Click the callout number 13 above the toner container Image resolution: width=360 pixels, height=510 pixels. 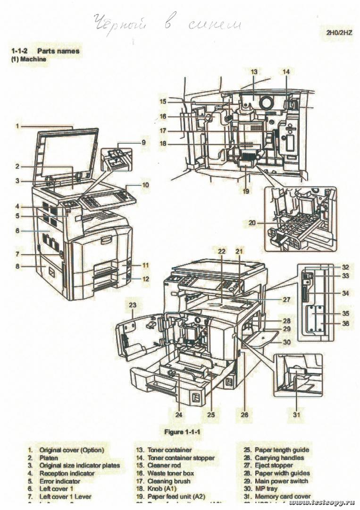[254, 72]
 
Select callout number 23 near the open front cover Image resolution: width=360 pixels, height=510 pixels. [133, 305]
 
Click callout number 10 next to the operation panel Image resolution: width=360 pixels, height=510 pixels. [145, 185]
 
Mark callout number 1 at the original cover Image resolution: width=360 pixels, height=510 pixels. [17, 126]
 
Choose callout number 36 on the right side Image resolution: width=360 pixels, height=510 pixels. [346, 323]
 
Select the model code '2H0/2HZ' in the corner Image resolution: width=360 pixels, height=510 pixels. [339, 33]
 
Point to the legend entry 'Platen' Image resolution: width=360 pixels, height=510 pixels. [49, 458]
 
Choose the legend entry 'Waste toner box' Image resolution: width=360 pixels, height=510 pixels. [170, 473]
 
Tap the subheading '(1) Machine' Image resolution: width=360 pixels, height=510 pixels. [29, 59]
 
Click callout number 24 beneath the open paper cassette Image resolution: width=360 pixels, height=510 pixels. [178, 415]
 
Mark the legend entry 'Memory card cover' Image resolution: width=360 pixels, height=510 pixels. [283, 496]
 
